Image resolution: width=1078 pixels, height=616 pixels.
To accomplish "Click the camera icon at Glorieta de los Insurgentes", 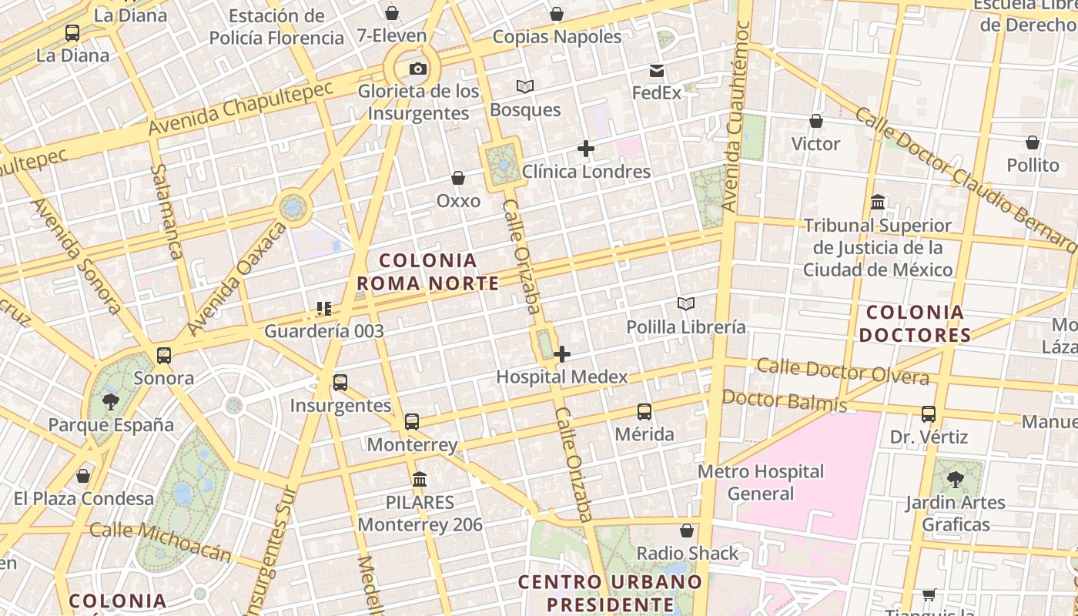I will coord(418,69).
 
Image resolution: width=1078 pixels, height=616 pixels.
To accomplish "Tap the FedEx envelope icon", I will coord(657,71).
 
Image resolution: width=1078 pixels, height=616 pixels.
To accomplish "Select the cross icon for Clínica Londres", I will coord(586,149).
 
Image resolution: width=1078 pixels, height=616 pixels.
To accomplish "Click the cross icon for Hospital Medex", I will coord(563,354).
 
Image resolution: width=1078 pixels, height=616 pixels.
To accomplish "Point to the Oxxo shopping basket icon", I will coord(458,179).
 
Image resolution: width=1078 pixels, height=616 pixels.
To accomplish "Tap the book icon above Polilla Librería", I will coord(686,304).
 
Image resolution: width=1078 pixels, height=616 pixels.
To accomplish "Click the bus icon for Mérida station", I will coord(644,412).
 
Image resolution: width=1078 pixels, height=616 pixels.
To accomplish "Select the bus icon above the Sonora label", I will coord(164,356).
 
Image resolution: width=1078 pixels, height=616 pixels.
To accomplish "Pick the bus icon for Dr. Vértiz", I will coord(929,414).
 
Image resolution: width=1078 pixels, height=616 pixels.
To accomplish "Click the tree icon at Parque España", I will coord(111,401).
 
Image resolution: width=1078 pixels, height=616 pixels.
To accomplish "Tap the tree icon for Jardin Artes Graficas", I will coord(956,480).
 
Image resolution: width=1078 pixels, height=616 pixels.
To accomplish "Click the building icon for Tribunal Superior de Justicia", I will coord(878,203).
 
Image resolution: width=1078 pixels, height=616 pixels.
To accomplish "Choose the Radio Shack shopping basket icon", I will coord(687,531).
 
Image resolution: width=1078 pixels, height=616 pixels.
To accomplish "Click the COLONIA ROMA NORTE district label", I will coord(428,272).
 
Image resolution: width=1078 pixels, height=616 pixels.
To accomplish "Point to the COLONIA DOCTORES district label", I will coord(915,323).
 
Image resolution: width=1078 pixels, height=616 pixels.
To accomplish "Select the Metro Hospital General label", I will coord(761,482).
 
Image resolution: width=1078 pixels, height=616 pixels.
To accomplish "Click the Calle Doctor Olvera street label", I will coord(842,370).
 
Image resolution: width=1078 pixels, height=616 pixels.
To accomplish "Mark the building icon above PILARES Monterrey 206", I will coord(420,480).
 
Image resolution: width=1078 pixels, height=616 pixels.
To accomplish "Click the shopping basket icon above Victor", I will coord(816,121).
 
